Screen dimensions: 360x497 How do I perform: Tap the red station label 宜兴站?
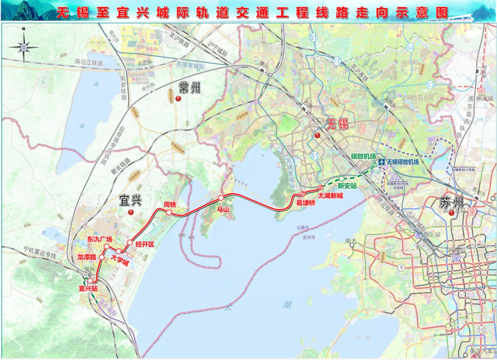pos(88,289)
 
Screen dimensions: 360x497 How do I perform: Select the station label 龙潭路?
pos(87,257)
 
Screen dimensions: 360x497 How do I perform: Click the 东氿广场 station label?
pos(100,239)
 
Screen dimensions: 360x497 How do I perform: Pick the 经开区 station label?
pos(145,244)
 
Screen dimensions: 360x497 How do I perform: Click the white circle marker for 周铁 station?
pos(169,213)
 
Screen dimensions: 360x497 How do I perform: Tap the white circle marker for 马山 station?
pos(221,198)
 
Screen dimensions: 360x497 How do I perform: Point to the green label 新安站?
pos(347,186)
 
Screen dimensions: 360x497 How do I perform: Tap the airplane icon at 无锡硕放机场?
pos(381,162)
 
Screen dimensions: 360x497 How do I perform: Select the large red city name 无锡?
pos(337,124)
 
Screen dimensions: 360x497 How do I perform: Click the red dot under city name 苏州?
pos(451,213)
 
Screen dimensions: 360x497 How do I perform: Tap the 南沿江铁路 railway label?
pos(88,62)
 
